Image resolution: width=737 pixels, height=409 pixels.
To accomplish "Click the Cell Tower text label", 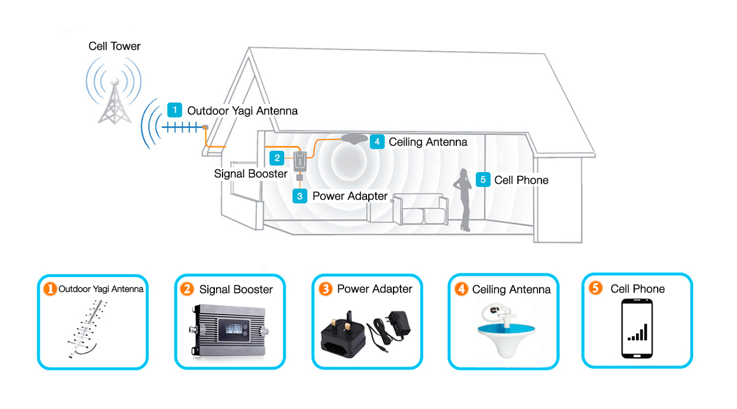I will [x=115, y=46].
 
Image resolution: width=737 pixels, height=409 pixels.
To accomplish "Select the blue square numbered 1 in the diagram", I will [x=174, y=110].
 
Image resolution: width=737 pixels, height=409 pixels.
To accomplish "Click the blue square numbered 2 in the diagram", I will [x=277, y=157].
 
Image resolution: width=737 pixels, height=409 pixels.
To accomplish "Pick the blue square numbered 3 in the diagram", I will [x=299, y=196].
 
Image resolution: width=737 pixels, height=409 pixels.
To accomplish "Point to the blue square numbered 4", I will [x=377, y=142].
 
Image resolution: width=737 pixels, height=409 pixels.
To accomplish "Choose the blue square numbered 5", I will [x=483, y=179].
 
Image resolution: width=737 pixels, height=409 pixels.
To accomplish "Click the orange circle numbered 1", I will [x=51, y=289].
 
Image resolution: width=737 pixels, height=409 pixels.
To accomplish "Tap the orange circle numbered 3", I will [x=325, y=289].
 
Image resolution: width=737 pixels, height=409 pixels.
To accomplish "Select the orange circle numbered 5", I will [x=595, y=289].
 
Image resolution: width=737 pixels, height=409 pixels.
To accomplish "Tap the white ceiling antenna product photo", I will [x=503, y=331].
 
